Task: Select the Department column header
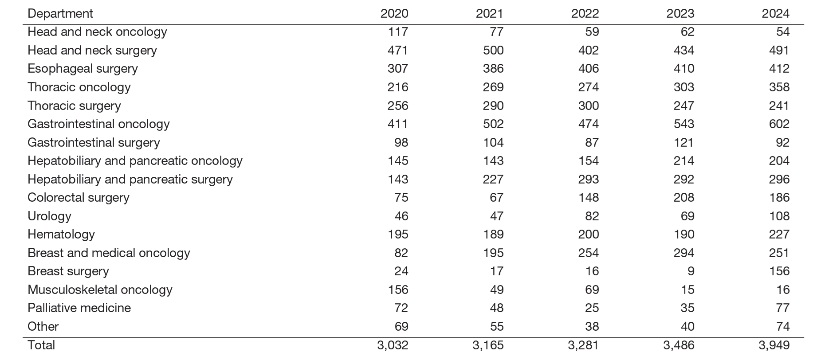[x=60, y=13]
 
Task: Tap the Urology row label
[x=49, y=216]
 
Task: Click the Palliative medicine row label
[x=79, y=308]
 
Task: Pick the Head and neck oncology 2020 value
[x=397, y=32]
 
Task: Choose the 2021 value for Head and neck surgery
[x=493, y=50]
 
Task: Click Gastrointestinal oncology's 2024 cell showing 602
[x=779, y=124]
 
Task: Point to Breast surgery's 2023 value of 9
[x=690, y=271]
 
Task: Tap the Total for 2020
[x=393, y=345]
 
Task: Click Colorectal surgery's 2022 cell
[x=588, y=197]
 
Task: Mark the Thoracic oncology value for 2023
[x=684, y=87]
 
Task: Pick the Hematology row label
[x=61, y=234]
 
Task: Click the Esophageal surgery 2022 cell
[x=588, y=68]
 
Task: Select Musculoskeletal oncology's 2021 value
[x=496, y=290]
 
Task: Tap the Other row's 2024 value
[x=783, y=326]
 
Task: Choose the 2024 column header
[x=775, y=13]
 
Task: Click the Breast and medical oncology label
[x=109, y=253]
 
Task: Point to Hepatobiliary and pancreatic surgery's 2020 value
[x=397, y=179]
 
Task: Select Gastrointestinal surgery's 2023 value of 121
[x=684, y=142]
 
